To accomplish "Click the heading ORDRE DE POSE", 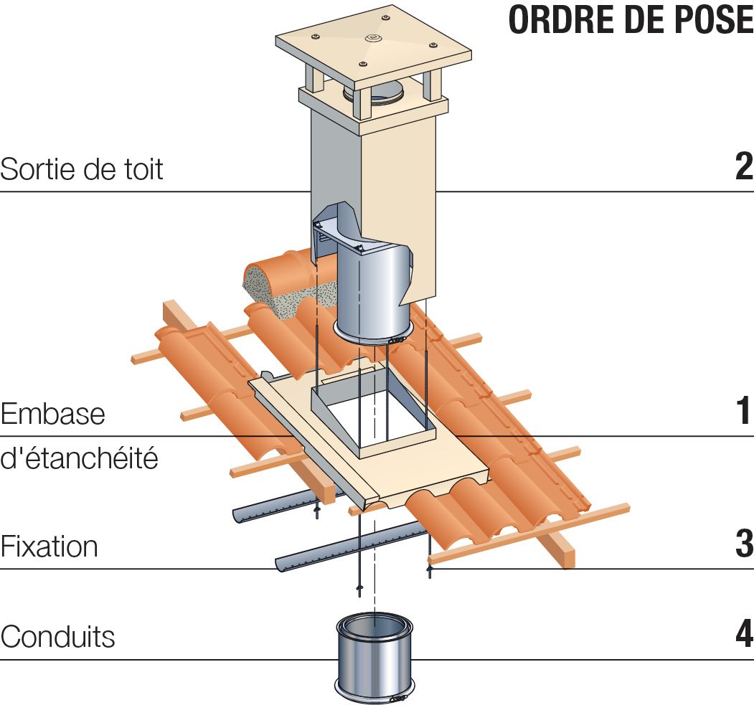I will pyautogui.click(x=630, y=20).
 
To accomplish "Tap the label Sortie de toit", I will pyautogui.click(x=82, y=169).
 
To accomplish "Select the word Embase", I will pyautogui.click(x=53, y=415).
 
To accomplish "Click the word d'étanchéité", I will pyautogui.click(x=79, y=458).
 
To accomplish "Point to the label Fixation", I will pyautogui.click(x=49, y=547).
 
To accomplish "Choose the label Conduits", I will pyautogui.click(x=57, y=636).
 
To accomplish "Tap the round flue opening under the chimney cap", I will pyautogui.click(x=380, y=94).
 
